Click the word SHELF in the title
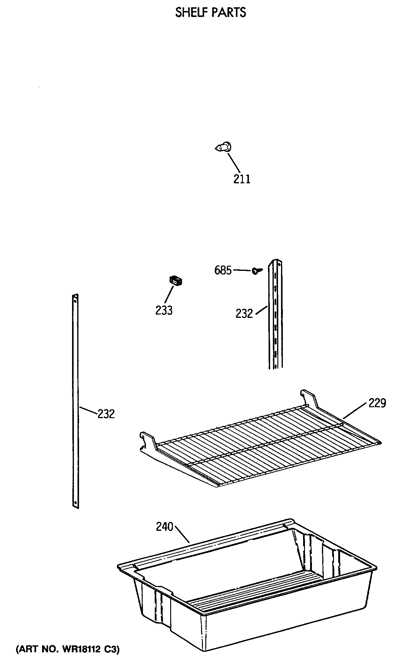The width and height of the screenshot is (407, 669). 191,12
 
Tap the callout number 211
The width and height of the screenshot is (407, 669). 242,179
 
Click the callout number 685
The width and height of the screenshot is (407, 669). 223,270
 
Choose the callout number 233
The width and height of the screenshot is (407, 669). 164,310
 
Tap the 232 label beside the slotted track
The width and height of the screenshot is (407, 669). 244,313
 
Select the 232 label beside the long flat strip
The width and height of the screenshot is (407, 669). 106,414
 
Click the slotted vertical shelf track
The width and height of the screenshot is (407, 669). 275,315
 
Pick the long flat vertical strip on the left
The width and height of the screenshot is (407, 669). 75,400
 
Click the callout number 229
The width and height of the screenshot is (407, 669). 377,403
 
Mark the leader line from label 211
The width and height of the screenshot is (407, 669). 234,163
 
